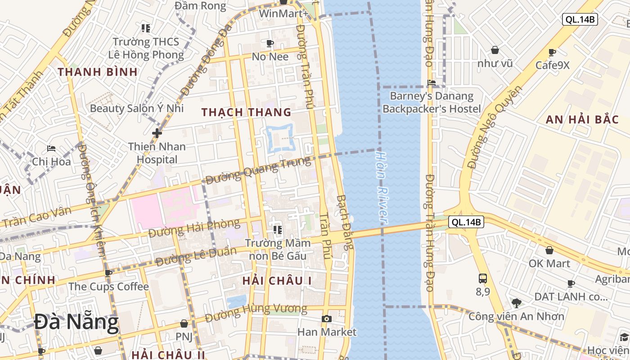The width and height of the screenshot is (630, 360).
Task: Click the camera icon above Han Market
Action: tap(327, 319)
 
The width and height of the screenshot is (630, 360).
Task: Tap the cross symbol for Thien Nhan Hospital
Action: tap(157, 133)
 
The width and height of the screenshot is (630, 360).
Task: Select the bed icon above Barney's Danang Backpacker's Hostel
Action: tap(432, 83)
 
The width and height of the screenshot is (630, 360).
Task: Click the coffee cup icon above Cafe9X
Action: tap(552, 52)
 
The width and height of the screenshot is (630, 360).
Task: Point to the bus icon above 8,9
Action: tap(483, 278)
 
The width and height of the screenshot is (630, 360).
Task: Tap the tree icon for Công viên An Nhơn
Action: tap(516, 303)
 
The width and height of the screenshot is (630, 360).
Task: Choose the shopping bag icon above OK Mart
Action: tap(549, 250)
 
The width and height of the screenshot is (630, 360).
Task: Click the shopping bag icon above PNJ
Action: tap(184, 324)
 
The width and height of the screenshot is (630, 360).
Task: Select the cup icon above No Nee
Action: tap(270, 43)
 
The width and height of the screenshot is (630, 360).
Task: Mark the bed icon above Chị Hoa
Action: tap(51, 148)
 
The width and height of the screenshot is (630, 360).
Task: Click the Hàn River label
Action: tap(382, 187)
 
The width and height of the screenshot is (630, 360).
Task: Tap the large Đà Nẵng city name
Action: tap(76, 322)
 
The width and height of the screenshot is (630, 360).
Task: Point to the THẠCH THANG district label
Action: tap(246, 112)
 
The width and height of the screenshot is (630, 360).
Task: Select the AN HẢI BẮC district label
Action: tap(577, 120)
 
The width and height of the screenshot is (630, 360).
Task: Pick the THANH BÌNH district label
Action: tap(97, 72)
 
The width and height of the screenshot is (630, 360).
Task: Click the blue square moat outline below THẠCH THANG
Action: tap(280, 138)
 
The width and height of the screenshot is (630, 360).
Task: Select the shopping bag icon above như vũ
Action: tap(495, 50)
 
